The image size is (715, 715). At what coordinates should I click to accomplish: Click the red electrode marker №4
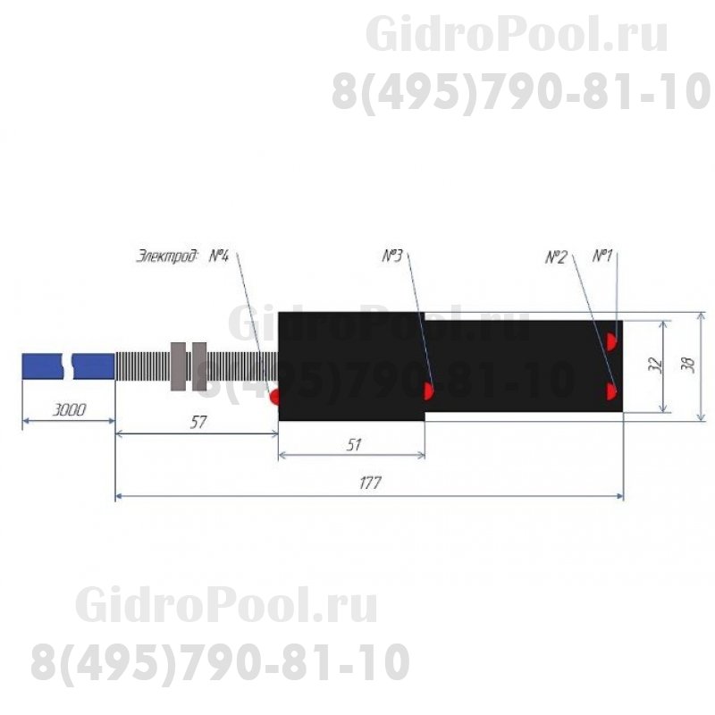coord(275,394)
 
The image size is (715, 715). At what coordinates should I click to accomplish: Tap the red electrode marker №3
coord(428,390)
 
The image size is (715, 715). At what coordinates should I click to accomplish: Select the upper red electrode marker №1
coord(612,341)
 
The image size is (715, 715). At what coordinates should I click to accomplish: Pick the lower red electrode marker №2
coord(612,391)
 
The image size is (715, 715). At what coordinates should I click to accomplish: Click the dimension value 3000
coord(68,410)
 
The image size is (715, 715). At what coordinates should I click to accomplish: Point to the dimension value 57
coord(198,423)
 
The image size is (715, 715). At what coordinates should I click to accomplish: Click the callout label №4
coord(220,257)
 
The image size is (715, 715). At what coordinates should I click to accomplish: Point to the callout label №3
coord(393,257)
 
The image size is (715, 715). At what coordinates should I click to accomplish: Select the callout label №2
coord(556,257)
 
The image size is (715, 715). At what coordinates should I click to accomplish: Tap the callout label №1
coord(602,257)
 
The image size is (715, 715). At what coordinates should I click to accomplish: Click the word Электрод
coord(168,257)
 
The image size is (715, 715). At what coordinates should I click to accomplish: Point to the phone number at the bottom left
coord(220,662)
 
